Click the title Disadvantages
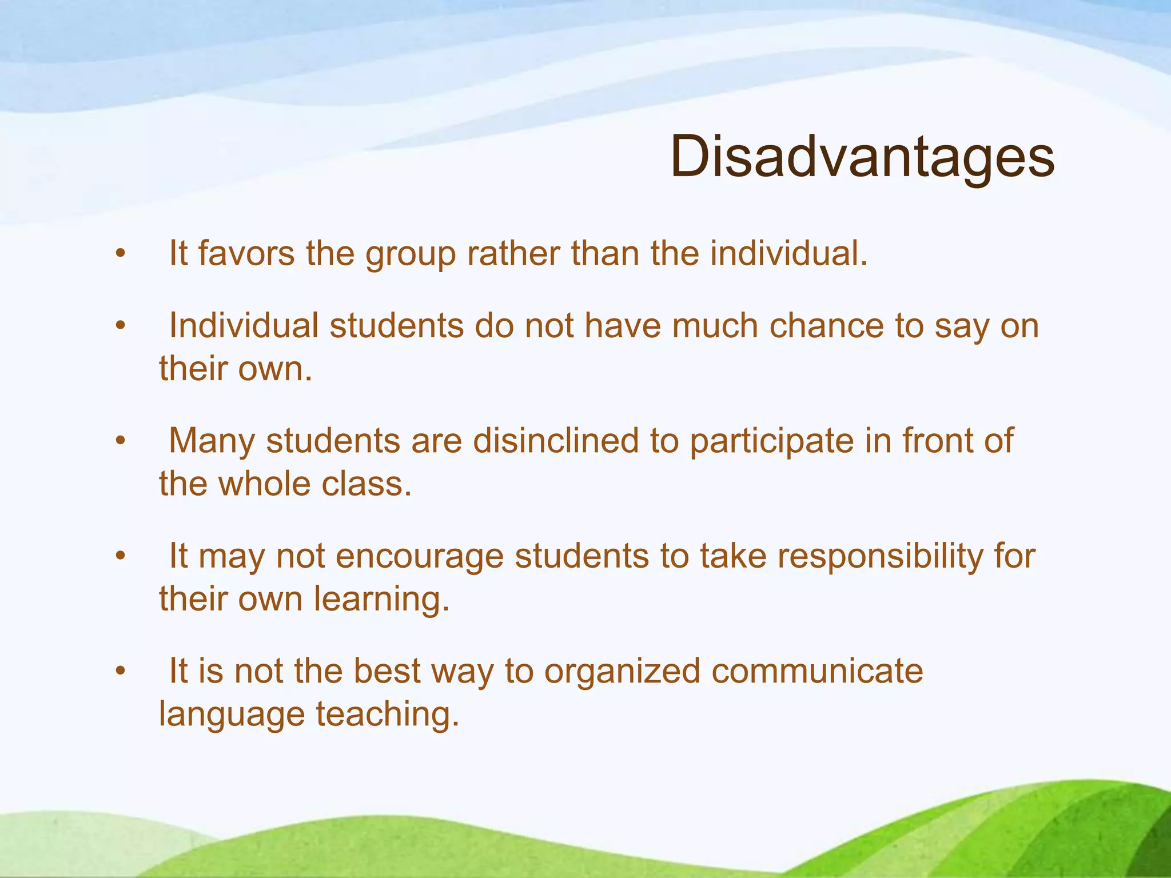point(862,157)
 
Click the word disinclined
point(555,441)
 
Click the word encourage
point(419,556)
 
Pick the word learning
point(382,600)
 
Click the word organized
point(622,671)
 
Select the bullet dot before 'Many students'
point(120,441)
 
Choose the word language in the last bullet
point(232,716)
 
